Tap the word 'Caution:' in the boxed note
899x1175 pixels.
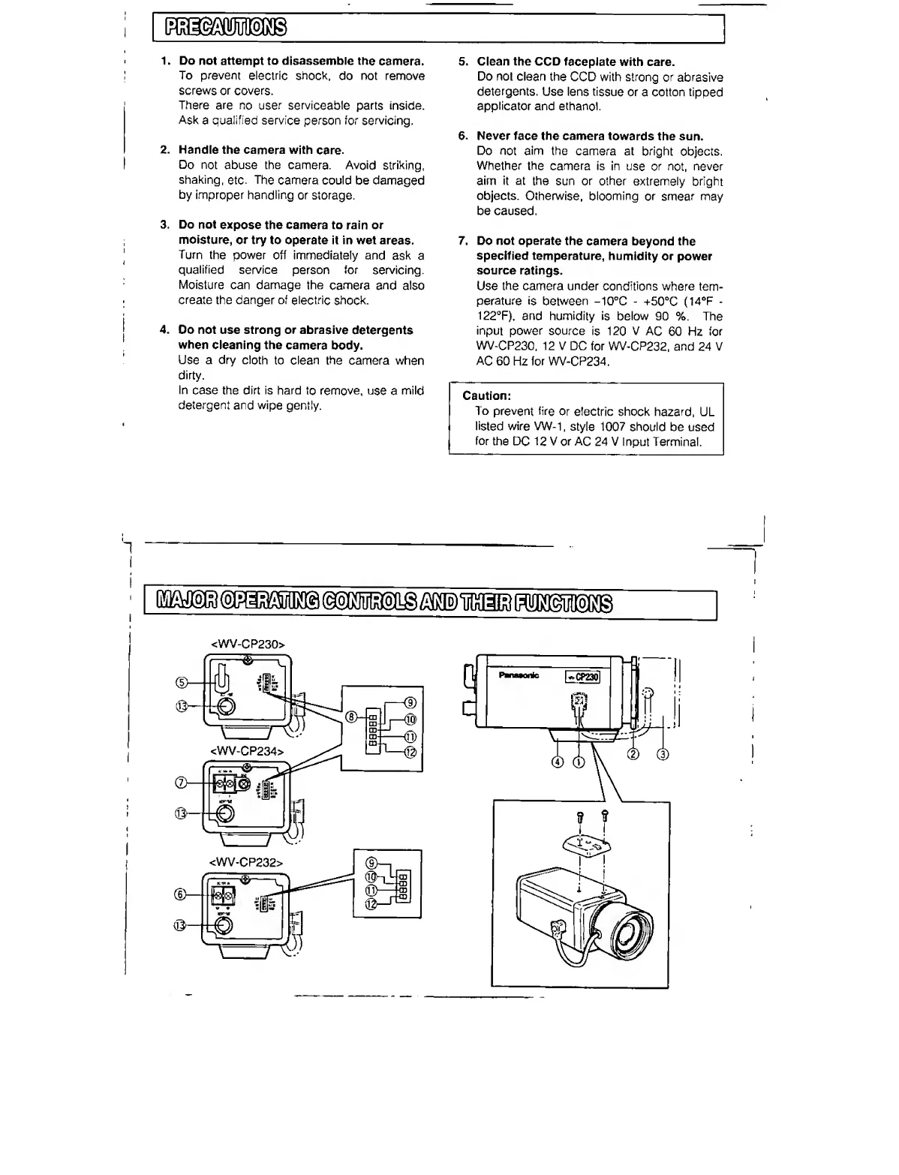pyautogui.click(x=486, y=396)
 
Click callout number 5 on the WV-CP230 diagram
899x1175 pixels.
pyautogui.click(x=181, y=682)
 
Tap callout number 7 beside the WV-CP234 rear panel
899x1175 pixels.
pyautogui.click(x=180, y=783)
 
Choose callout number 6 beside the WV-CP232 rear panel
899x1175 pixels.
pyautogui.click(x=180, y=894)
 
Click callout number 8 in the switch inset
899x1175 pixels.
pyautogui.click(x=350, y=717)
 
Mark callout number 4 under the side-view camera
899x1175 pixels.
pyautogui.click(x=557, y=762)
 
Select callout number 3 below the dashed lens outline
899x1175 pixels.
pyautogui.click(x=662, y=755)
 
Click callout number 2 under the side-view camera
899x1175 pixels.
pyautogui.click(x=633, y=754)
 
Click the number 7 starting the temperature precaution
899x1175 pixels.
pyautogui.click(x=463, y=242)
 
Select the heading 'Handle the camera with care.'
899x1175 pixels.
pyautogui.click(x=261, y=151)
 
